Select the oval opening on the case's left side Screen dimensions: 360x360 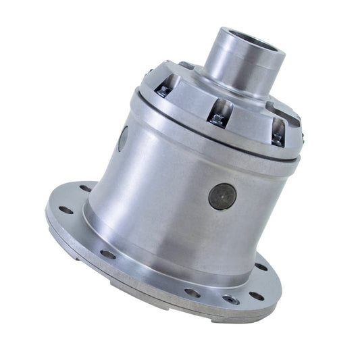pos(123,139)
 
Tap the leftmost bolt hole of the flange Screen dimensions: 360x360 pos(66,211)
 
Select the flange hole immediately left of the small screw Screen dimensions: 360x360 pos(192,292)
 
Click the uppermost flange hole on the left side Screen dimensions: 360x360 pos(86,188)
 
